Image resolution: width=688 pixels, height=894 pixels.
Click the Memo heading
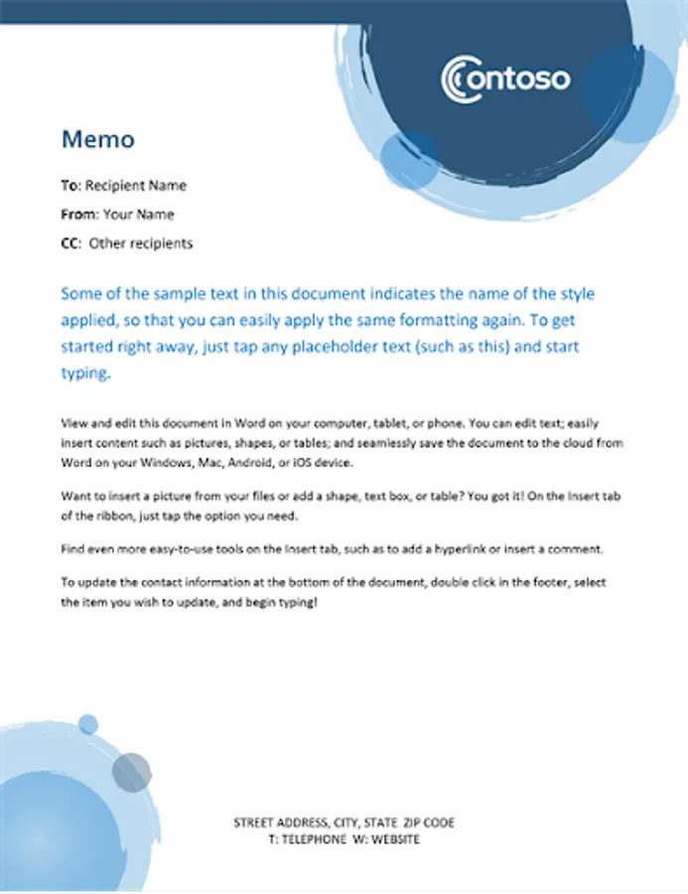[x=97, y=138]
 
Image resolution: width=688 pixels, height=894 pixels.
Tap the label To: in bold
[x=70, y=186]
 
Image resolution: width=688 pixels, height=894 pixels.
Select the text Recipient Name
[x=136, y=186]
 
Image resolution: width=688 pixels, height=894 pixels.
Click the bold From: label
[x=79, y=215]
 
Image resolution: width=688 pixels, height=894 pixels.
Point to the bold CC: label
[x=70, y=243]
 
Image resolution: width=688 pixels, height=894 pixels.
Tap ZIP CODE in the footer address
[x=429, y=823]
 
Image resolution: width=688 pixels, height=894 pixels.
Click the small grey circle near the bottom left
[x=132, y=772]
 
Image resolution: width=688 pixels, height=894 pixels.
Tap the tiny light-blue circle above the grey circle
[x=88, y=723]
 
